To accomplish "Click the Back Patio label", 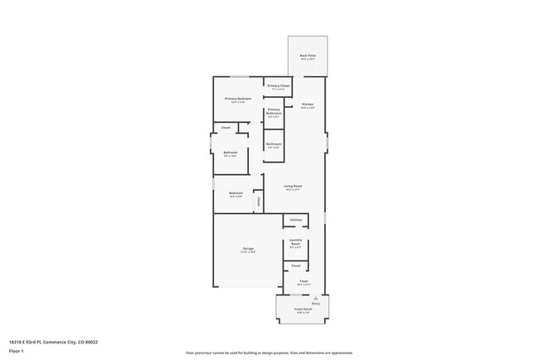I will click(x=307, y=56).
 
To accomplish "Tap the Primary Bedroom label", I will click(x=238, y=99).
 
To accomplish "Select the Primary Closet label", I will click(x=279, y=85).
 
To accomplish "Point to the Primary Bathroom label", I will click(x=274, y=110).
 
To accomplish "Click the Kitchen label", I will click(x=307, y=104).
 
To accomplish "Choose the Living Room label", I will click(x=293, y=186).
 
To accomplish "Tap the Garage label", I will click(x=248, y=249).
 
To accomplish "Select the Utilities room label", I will click(x=295, y=220).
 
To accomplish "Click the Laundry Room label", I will click(x=295, y=243).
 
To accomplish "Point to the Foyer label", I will click(x=304, y=281).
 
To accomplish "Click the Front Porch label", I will click(x=302, y=309).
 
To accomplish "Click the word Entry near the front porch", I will click(x=316, y=304).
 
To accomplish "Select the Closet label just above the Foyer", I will click(x=295, y=265).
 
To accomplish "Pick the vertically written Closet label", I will click(x=258, y=202).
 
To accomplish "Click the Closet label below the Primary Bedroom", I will click(x=226, y=128).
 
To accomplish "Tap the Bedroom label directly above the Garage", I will click(x=236, y=193).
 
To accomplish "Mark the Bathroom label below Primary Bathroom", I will click(x=274, y=144).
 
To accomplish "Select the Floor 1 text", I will click(x=17, y=351).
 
